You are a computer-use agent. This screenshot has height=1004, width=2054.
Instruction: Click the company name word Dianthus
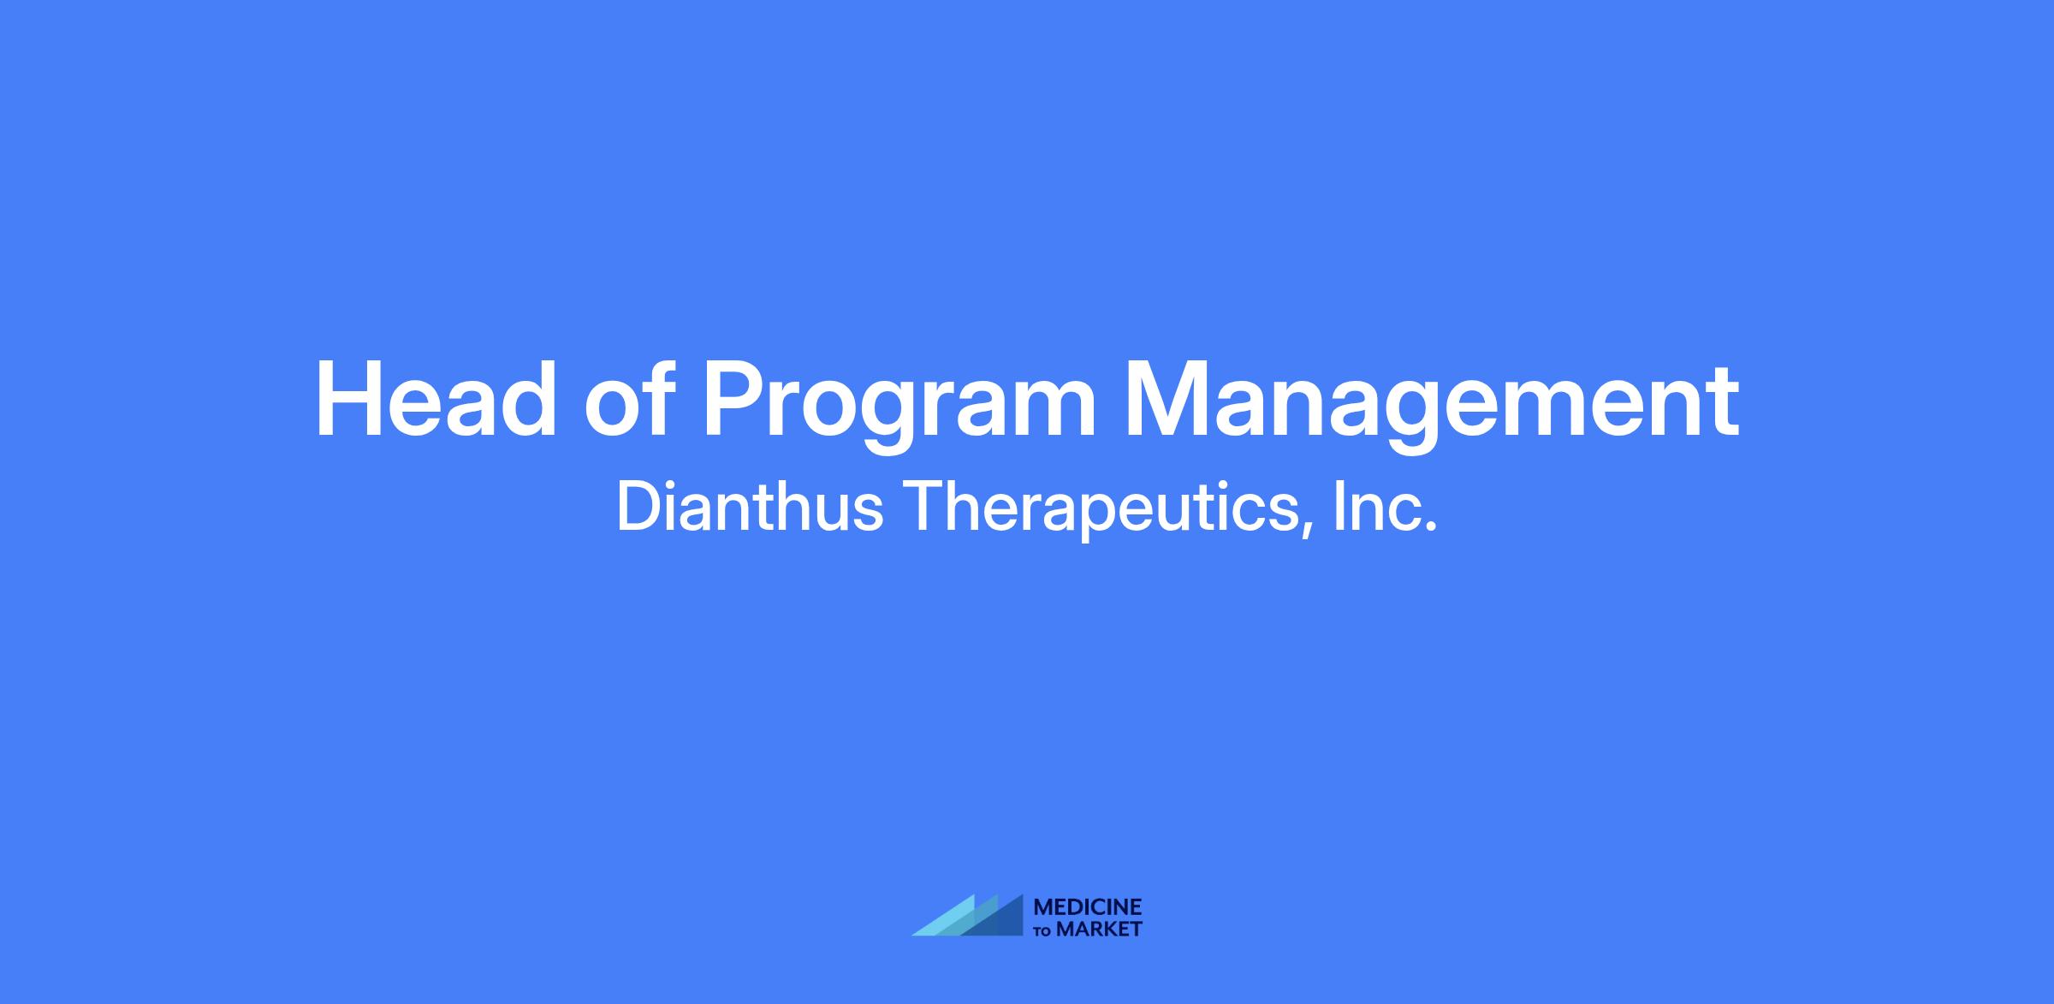click(750, 507)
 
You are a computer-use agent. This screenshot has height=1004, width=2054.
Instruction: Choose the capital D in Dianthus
click(639, 507)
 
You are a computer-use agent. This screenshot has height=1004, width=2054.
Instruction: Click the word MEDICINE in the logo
click(1088, 906)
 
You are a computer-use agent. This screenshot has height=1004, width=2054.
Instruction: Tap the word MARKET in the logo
click(1100, 929)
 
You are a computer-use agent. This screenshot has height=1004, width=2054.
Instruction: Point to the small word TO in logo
click(1043, 930)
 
